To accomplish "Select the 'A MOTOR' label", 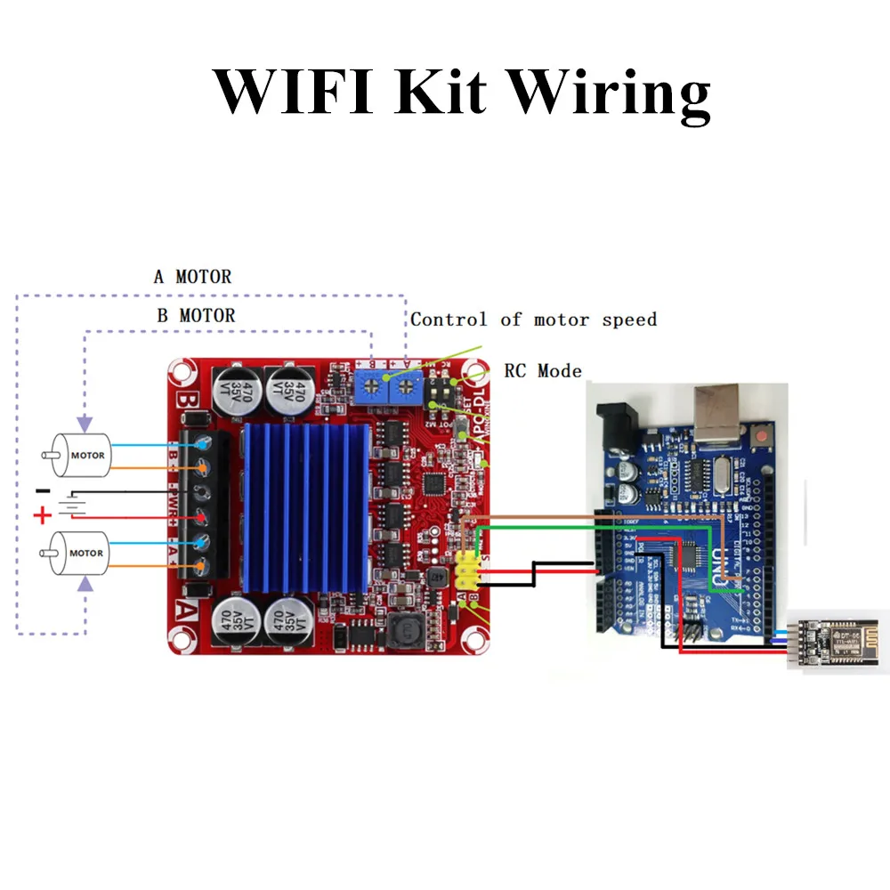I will click(x=192, y=277).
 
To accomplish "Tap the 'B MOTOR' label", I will click(x=195, y=315).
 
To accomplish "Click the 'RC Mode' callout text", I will click(x=543, y=370).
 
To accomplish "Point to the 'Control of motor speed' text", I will click(x=533, y=320).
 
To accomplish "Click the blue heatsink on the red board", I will click(x=303, y=507).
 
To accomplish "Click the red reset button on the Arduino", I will click(x=763, y=437).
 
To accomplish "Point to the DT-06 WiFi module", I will click(x=833, y=639).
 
